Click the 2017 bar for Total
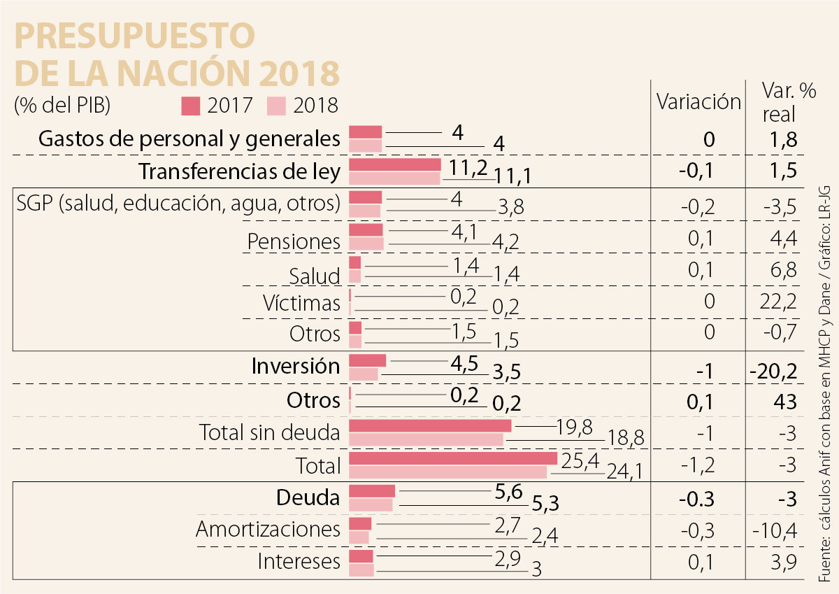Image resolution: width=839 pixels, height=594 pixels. (x=452, y=459)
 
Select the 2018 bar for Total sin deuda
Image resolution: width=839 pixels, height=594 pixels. (x=426, y=439)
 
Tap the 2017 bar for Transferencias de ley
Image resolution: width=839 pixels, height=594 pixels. (x=394, y=164)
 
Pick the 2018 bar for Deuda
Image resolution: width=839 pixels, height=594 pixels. (x=371, y=504)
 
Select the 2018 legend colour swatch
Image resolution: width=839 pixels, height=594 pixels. (x=277, y=106)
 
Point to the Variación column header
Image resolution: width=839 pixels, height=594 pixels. (x=698, y=102)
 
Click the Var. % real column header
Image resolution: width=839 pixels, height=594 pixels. (x=779, y=102)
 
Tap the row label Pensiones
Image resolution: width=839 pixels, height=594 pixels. (x=294, y=242)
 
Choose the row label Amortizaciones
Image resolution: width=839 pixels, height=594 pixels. (x=268, y=529)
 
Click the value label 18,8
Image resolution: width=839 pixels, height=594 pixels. (x=627, y=439)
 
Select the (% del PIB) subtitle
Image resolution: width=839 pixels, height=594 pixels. (x=62, y=105)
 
